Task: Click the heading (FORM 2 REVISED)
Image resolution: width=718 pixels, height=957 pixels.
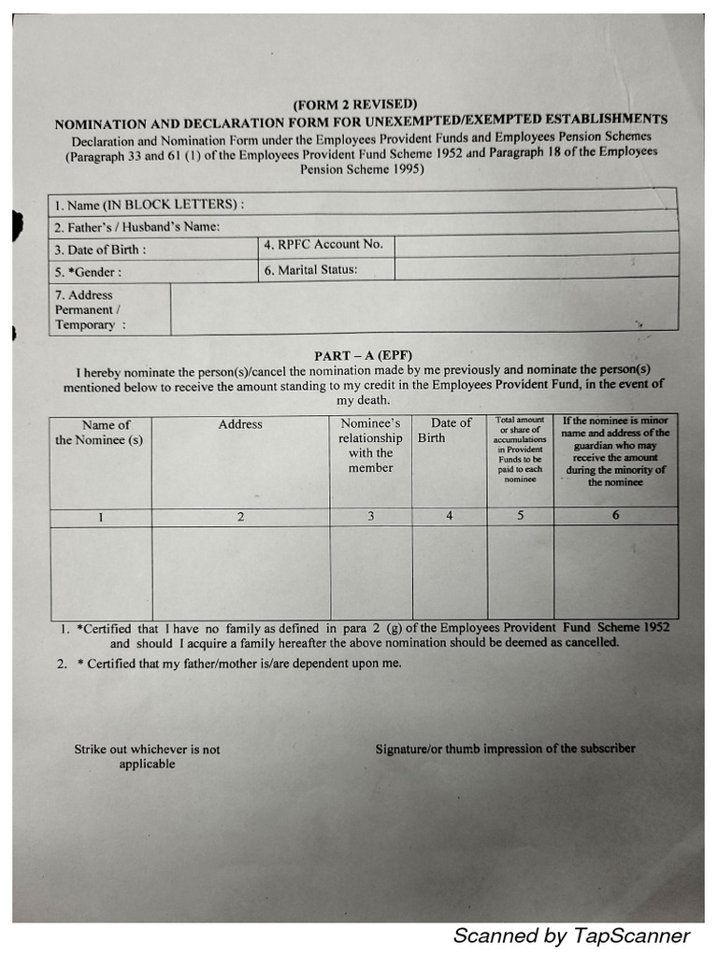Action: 354,105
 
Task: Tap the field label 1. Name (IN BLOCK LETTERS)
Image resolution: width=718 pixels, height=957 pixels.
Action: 150,205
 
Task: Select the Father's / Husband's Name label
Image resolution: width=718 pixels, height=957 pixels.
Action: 136,227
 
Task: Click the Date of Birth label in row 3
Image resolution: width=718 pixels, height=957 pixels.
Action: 100,250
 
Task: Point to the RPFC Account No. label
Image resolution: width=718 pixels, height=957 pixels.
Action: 323,245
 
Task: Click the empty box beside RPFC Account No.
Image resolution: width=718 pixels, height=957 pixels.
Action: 535,245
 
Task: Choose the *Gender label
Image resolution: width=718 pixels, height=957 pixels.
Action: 88,273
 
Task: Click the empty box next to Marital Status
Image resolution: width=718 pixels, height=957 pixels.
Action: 535,268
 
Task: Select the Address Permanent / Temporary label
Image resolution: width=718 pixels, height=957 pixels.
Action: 90,310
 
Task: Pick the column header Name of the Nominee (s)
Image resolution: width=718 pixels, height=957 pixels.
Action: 100,432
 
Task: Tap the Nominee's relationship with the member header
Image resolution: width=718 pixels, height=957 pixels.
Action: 370,446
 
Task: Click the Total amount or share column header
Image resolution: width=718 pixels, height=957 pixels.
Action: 520,450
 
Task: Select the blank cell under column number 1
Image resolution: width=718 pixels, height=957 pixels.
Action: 101,572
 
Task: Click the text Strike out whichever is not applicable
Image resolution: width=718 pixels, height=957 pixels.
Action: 147,756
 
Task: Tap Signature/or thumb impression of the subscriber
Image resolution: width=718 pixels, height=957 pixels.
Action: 505,749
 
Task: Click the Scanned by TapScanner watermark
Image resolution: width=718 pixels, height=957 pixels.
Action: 571,936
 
